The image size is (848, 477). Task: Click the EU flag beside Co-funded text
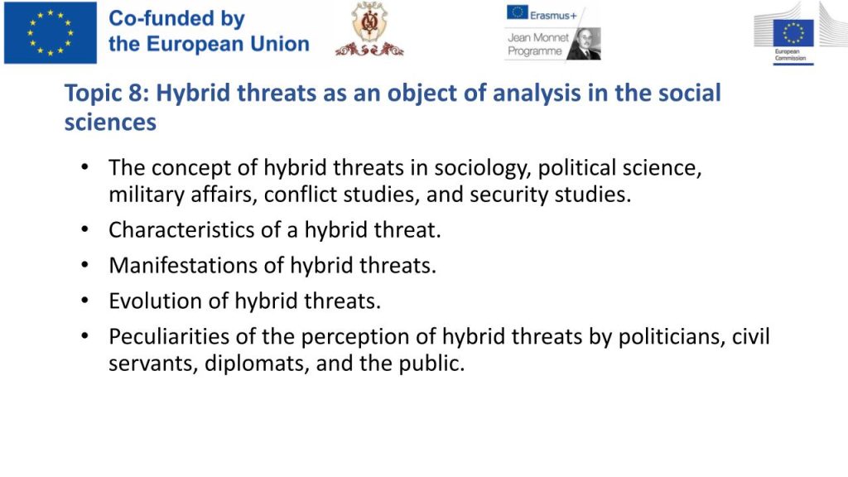point(51,32)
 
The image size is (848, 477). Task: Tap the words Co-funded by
point(177,18)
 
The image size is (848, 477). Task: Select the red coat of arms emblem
point(369,29)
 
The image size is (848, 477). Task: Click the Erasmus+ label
point(552,16)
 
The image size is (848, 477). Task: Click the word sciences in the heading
point(110,123)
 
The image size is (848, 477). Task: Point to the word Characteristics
point(181,230)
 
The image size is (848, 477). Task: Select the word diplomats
point(257,364)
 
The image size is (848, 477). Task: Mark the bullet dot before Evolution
point(84,301)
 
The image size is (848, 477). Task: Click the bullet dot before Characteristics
point(84,230)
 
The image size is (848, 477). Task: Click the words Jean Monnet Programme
point(537,45)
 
